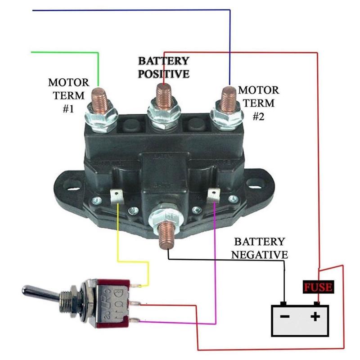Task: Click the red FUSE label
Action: pos(318,287)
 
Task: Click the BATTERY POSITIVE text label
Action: pos(163,67)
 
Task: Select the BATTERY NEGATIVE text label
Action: pos(259,248)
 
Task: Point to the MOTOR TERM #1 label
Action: pos(68,96)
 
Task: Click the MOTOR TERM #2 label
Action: pos(258,103)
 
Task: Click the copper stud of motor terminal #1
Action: pos(99,99)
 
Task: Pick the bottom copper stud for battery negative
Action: pos(166,232)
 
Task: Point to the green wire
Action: pos(67,53)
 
